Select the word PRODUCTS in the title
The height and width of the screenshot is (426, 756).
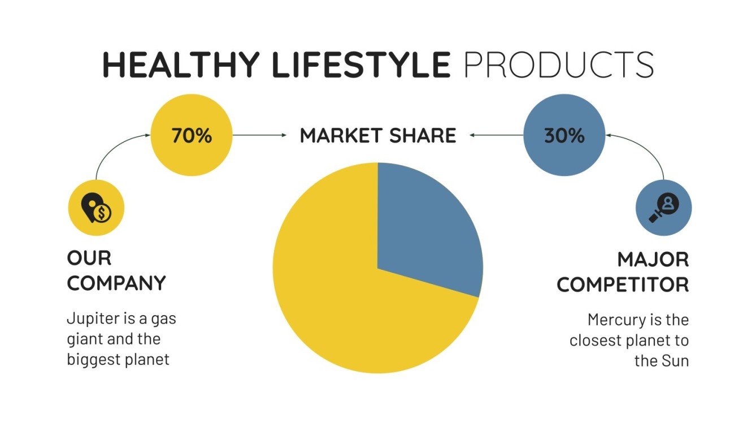pos(558,64)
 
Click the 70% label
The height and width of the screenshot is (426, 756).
pos(192,136)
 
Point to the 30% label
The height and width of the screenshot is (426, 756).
pos(564,136)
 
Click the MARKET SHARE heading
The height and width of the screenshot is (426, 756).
pos(377,136)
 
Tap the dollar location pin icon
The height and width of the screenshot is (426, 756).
pos(95,208)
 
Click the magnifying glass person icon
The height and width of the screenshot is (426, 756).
pos(663,208)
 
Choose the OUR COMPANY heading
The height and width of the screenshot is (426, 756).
pos(116,270)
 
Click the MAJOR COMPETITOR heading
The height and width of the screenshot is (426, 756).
pos(623,272)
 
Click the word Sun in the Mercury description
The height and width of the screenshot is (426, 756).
pos(675,360)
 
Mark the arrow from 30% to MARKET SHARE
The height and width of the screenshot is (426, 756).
pos(497,135)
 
